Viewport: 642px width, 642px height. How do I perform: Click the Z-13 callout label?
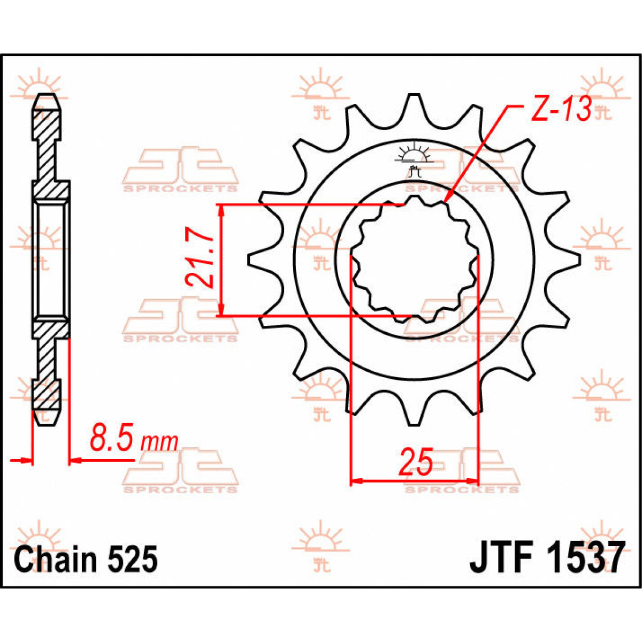click(561, 110)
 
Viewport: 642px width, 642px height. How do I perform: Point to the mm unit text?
click(159, 442)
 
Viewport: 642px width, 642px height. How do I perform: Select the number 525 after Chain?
click(133, 559)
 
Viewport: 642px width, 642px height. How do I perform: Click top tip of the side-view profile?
click(47, 98)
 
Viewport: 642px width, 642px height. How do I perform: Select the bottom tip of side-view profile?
click(47, 422)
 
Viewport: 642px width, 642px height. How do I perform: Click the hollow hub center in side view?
click(51, 259)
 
